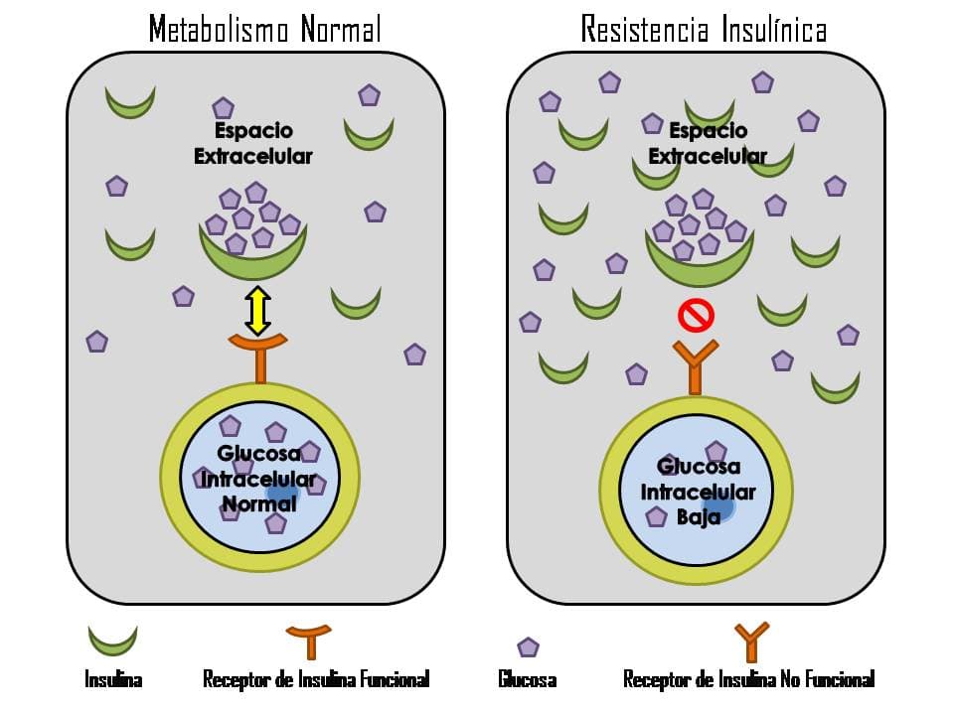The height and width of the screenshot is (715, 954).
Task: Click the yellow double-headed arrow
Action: click(x=258, y=310)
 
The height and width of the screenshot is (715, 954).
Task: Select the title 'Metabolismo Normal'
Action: click(x=264, y=29)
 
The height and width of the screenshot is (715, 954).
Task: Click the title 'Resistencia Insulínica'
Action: click(x=704, y=29)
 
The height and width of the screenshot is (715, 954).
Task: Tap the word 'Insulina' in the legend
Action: click(x=113, y=680)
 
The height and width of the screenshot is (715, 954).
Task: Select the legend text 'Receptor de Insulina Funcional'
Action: click(x=316, y=680)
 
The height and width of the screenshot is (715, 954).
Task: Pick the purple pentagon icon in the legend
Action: click(x=529, y=647)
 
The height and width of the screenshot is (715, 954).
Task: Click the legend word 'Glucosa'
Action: click(x=527, y=680)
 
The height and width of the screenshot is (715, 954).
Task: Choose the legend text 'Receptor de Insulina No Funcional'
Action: click(x=748, y=680)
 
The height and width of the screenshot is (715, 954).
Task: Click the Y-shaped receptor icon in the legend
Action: click(x=751, y=642)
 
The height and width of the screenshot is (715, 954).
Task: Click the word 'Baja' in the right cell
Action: click(x=698, y=516)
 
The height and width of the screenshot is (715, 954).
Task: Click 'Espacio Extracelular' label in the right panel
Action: click(x=708, y=143)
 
